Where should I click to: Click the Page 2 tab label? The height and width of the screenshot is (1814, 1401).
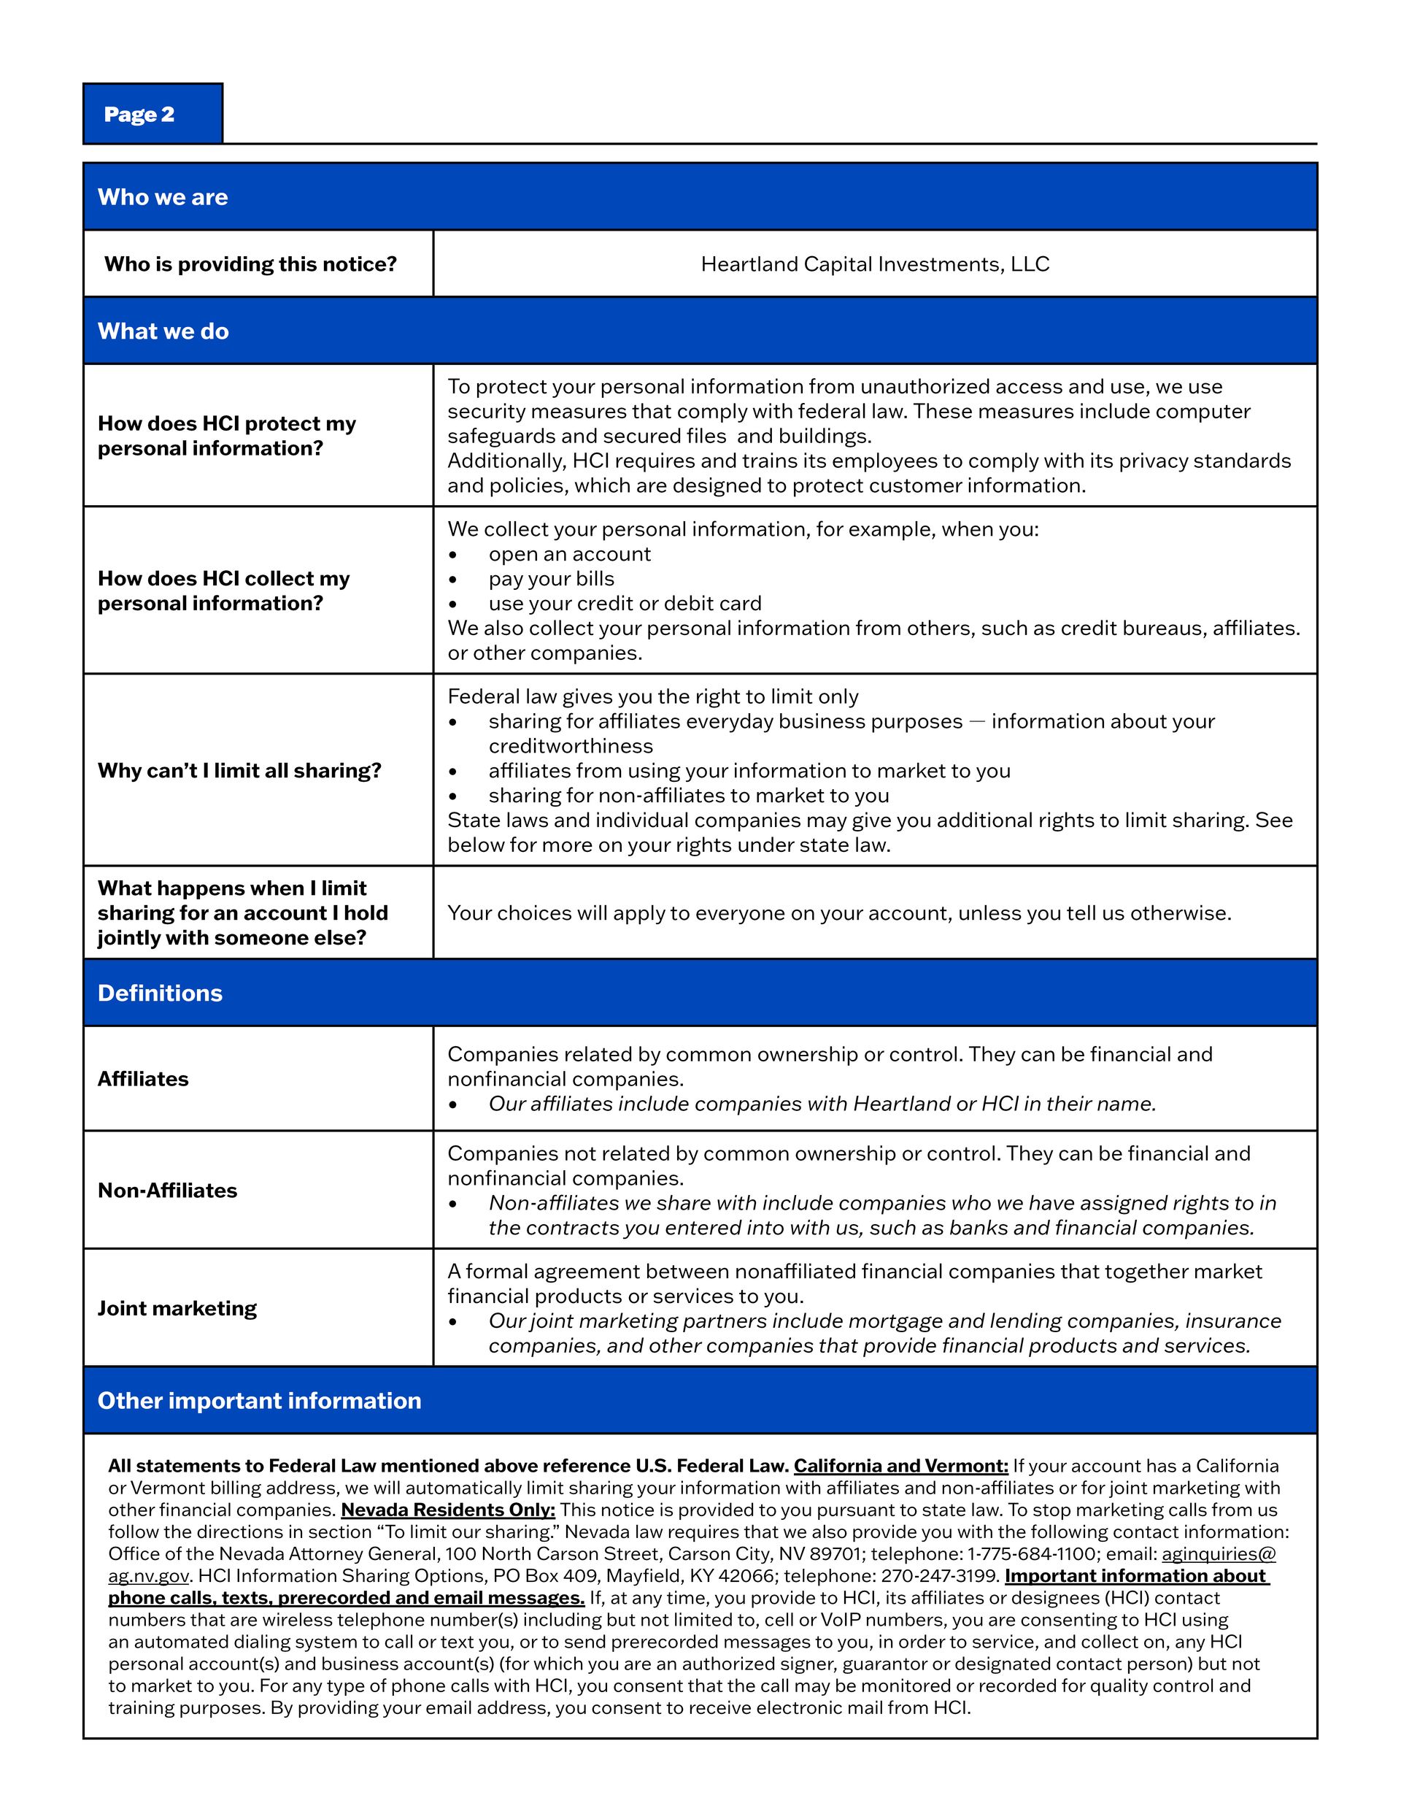click(139, 114)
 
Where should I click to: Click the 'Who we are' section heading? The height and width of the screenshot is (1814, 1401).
click(163, 197)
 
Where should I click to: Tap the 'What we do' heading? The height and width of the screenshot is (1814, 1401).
click(163, 331)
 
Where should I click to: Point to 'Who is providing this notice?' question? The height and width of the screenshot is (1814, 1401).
click(250, 264)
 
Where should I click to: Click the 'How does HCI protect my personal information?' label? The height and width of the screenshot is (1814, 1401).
click(226, 435)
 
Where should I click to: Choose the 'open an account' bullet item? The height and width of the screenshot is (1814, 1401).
click(569, 554)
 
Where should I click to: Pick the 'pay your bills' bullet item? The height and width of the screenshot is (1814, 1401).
click(551, 579)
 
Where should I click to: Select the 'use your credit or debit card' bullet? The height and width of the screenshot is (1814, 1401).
click(625, 604)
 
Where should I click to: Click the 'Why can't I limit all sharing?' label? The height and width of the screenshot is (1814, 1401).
click(239, 771)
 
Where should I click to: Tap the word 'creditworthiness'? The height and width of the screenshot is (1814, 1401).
click(571, 746)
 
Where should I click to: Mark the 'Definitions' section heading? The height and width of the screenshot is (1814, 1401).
click(161, 994)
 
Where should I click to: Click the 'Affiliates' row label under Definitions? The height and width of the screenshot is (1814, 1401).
click(143, 1079)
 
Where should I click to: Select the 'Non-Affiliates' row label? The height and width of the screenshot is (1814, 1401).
click(167, 1190)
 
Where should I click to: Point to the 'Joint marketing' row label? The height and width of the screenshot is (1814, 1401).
click(177, 1308)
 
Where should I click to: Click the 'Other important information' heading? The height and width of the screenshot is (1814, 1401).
click(259, 1400)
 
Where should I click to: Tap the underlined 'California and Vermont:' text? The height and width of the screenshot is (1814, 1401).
click(900, 1466)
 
